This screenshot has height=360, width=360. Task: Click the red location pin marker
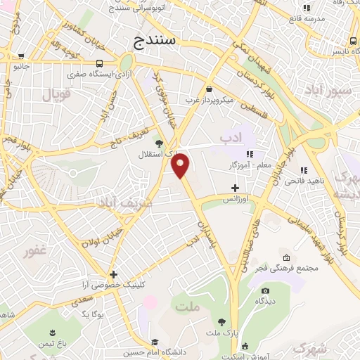[x=181, y=165]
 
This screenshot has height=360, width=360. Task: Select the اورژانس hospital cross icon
[x=236, y=188]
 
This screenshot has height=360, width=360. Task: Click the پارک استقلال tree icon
[x=158, y=141]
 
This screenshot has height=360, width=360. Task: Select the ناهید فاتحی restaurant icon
[x=303, y=170]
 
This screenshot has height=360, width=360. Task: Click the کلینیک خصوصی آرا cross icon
[x=112, y=274]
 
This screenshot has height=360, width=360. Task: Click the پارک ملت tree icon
[x=221, y=320]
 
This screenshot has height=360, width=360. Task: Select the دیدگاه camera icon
[x=266, y=290]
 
